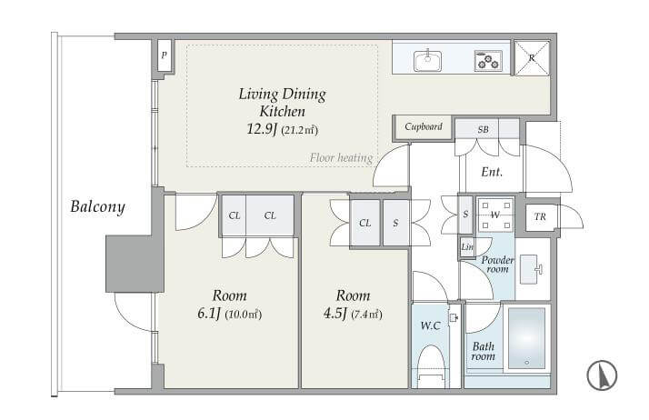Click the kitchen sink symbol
tap(427, 60)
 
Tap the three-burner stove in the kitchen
tap(488, 60)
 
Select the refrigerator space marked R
tap(532, 58)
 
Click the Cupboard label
tap(424, 126)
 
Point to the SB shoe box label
tap(483, 129)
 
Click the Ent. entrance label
tap(492, 171)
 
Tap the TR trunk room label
tap(540, 216)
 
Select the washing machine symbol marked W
tap(495, 215)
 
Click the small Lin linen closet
tap(467, 247)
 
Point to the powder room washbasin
tap(530, 269)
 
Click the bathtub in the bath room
tap(526, 337)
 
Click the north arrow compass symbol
tap(602, 375)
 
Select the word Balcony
tap(97, 206)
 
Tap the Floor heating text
tap(342, 157)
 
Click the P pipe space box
tap(165, 55)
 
